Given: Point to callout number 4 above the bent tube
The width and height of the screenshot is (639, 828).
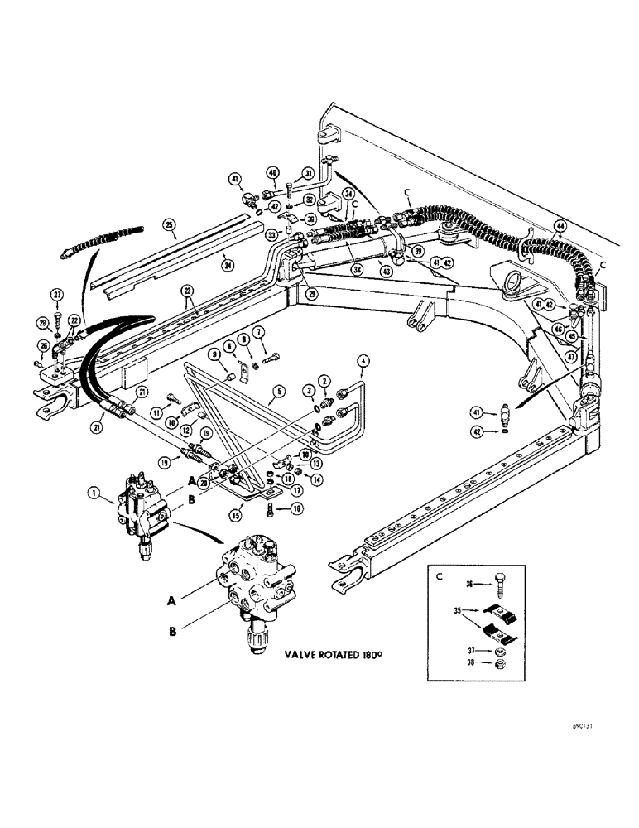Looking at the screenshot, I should pyautogui.click(x=362, y=359).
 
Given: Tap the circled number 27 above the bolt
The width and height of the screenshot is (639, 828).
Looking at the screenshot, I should pyautogui.click(x=56, y=294).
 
